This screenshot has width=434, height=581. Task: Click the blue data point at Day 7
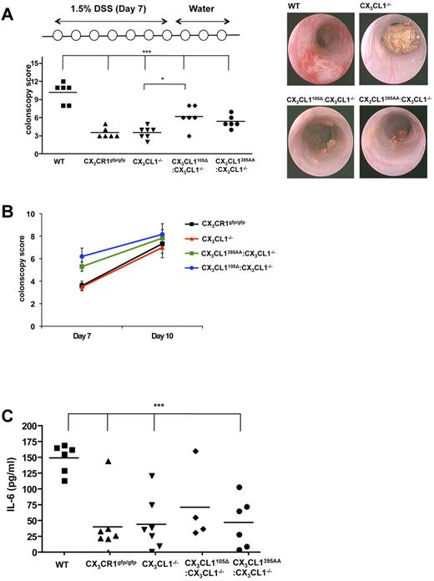click(x=82, y=256)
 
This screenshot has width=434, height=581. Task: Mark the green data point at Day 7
click(x=82, y=267)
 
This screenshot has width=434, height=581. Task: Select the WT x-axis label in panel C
click(x=63, y=560)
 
